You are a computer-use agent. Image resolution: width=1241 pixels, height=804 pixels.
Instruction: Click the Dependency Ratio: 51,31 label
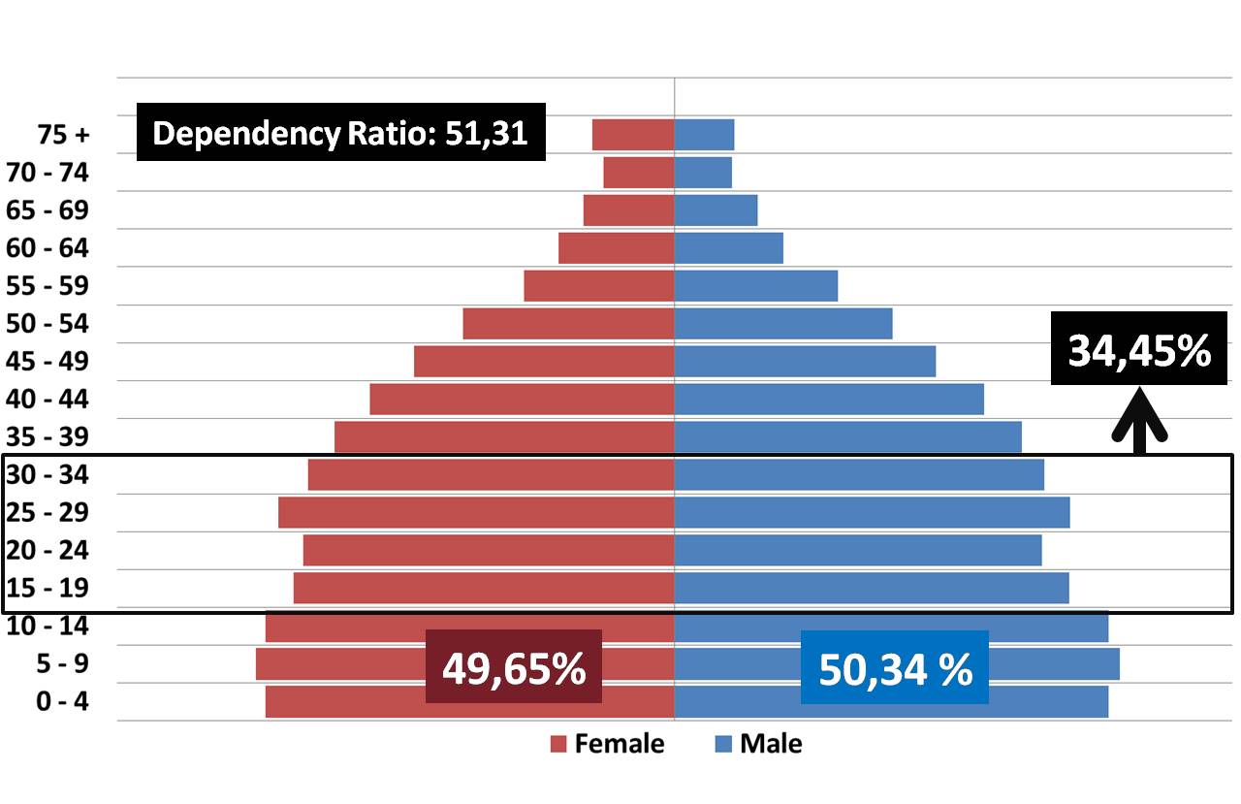tap(340, 132)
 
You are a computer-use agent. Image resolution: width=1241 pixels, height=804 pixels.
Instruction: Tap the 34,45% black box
tap(1139, 351)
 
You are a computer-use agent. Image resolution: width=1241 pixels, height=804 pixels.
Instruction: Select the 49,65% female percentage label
tap(513, 666)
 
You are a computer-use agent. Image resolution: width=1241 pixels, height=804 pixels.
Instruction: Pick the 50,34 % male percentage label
tap(895, 667)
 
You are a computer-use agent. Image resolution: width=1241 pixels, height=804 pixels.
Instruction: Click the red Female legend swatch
tap(557, 744)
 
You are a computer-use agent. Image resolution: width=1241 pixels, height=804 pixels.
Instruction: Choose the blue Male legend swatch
tap(722, 744)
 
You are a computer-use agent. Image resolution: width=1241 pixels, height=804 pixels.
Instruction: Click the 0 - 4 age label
tap(61, 700)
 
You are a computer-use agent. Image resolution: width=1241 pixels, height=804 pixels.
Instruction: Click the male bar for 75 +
tap(704, 135)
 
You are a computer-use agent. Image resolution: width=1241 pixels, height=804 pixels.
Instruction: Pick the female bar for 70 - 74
tap(638, 173)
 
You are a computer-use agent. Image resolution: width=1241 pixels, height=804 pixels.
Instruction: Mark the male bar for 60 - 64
tap(728, 248)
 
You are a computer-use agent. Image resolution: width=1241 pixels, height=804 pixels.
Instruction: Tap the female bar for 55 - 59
tap(598, 286)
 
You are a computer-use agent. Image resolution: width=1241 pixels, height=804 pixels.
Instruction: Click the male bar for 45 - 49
tap(805, 361)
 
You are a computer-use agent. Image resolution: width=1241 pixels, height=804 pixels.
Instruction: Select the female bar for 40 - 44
tap(522, 399)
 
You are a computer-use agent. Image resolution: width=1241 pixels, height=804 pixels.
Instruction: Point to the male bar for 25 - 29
tap(872, 512)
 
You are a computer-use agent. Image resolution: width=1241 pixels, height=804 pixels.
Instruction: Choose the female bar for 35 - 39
tap(504, 436)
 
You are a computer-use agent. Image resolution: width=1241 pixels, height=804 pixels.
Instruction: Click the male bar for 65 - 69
tap(716, 210)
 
